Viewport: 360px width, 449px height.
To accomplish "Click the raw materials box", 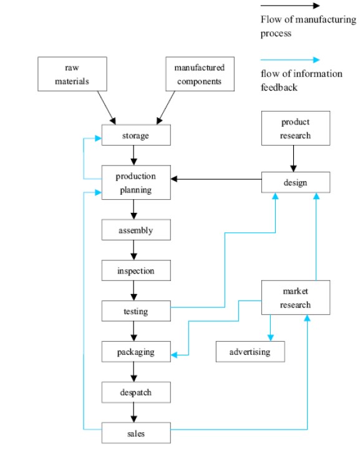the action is click(72, 74).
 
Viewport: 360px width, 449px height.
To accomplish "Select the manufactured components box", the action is click(200, 74).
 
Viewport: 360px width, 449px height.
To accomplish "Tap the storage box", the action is click(136, 135).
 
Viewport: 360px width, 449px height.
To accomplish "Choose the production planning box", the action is click(136, 182).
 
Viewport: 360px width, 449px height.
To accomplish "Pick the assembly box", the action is click(136, 230).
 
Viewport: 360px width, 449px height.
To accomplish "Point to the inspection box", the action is click(136, 270).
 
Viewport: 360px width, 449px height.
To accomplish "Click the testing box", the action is click(136, 311).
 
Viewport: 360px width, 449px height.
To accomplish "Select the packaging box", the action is click(136, 352).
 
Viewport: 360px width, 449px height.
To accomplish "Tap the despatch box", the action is click(136, 392).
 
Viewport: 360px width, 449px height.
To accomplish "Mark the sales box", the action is click(136, 433).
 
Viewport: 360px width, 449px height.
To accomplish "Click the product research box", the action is click(296, 128).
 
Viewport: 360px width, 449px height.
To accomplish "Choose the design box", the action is click(296, 182).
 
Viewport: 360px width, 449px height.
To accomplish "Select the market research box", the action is click(296, 297).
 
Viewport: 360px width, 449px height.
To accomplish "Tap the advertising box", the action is click(250, 352).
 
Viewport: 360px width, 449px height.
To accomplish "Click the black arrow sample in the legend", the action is click(290, 6).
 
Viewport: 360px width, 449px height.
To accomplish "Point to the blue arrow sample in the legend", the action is click(290, 59).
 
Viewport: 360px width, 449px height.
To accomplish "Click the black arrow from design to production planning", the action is click(216, 179).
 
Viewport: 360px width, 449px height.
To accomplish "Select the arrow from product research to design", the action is click(293, 159).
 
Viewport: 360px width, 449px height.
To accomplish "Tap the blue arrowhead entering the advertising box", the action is click(270, 338).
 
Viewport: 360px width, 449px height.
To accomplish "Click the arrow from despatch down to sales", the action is click(134, 413).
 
